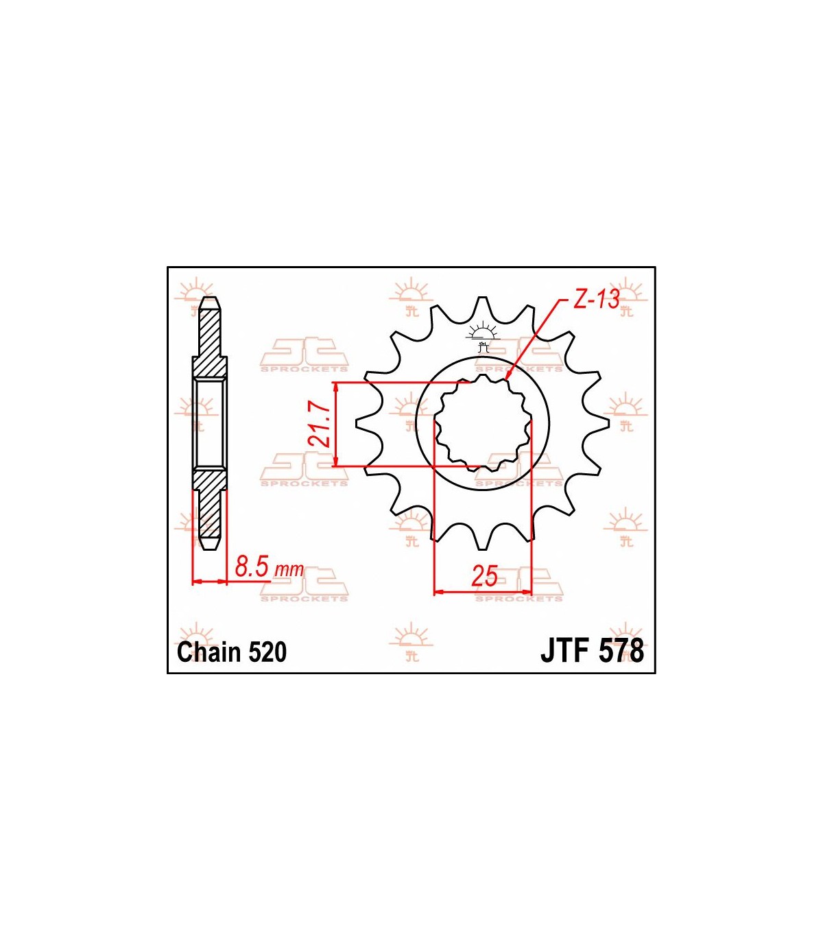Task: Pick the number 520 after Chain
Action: click(267, 652)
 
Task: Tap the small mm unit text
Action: click(289, 570)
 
